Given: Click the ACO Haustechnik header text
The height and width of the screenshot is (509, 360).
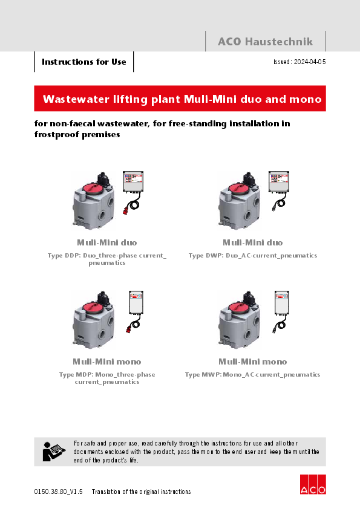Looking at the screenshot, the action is [x=265, y=42].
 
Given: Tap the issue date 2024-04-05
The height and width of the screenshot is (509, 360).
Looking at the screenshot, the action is [x=310, y=62].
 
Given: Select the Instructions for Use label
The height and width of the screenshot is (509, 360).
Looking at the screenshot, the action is [x=84, y=62].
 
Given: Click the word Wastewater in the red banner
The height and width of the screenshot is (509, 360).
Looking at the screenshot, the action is [x=76, y=99].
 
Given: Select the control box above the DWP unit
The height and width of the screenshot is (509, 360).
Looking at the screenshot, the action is [x=279, y=181].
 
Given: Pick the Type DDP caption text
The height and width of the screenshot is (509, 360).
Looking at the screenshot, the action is [x=107, y=259].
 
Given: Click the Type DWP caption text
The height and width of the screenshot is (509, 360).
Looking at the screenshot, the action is [x=253, y=256].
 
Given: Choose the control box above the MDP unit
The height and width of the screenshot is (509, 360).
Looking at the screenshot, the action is [x=136, y=302].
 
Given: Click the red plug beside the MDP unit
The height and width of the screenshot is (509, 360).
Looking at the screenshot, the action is [x=129, y=328].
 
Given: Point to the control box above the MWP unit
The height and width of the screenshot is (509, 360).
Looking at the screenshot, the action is [x=282, y=302].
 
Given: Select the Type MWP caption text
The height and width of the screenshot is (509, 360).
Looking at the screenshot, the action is [x=252, y=375].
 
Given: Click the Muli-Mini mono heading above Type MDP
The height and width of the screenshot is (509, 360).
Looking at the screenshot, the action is [x=107, y=361].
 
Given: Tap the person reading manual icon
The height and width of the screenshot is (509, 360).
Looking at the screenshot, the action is [x=53, y=452].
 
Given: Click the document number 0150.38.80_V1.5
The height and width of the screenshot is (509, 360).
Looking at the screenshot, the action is [x=59, y=491].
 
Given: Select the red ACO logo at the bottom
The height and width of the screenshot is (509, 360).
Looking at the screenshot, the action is [x=313, y=484].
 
